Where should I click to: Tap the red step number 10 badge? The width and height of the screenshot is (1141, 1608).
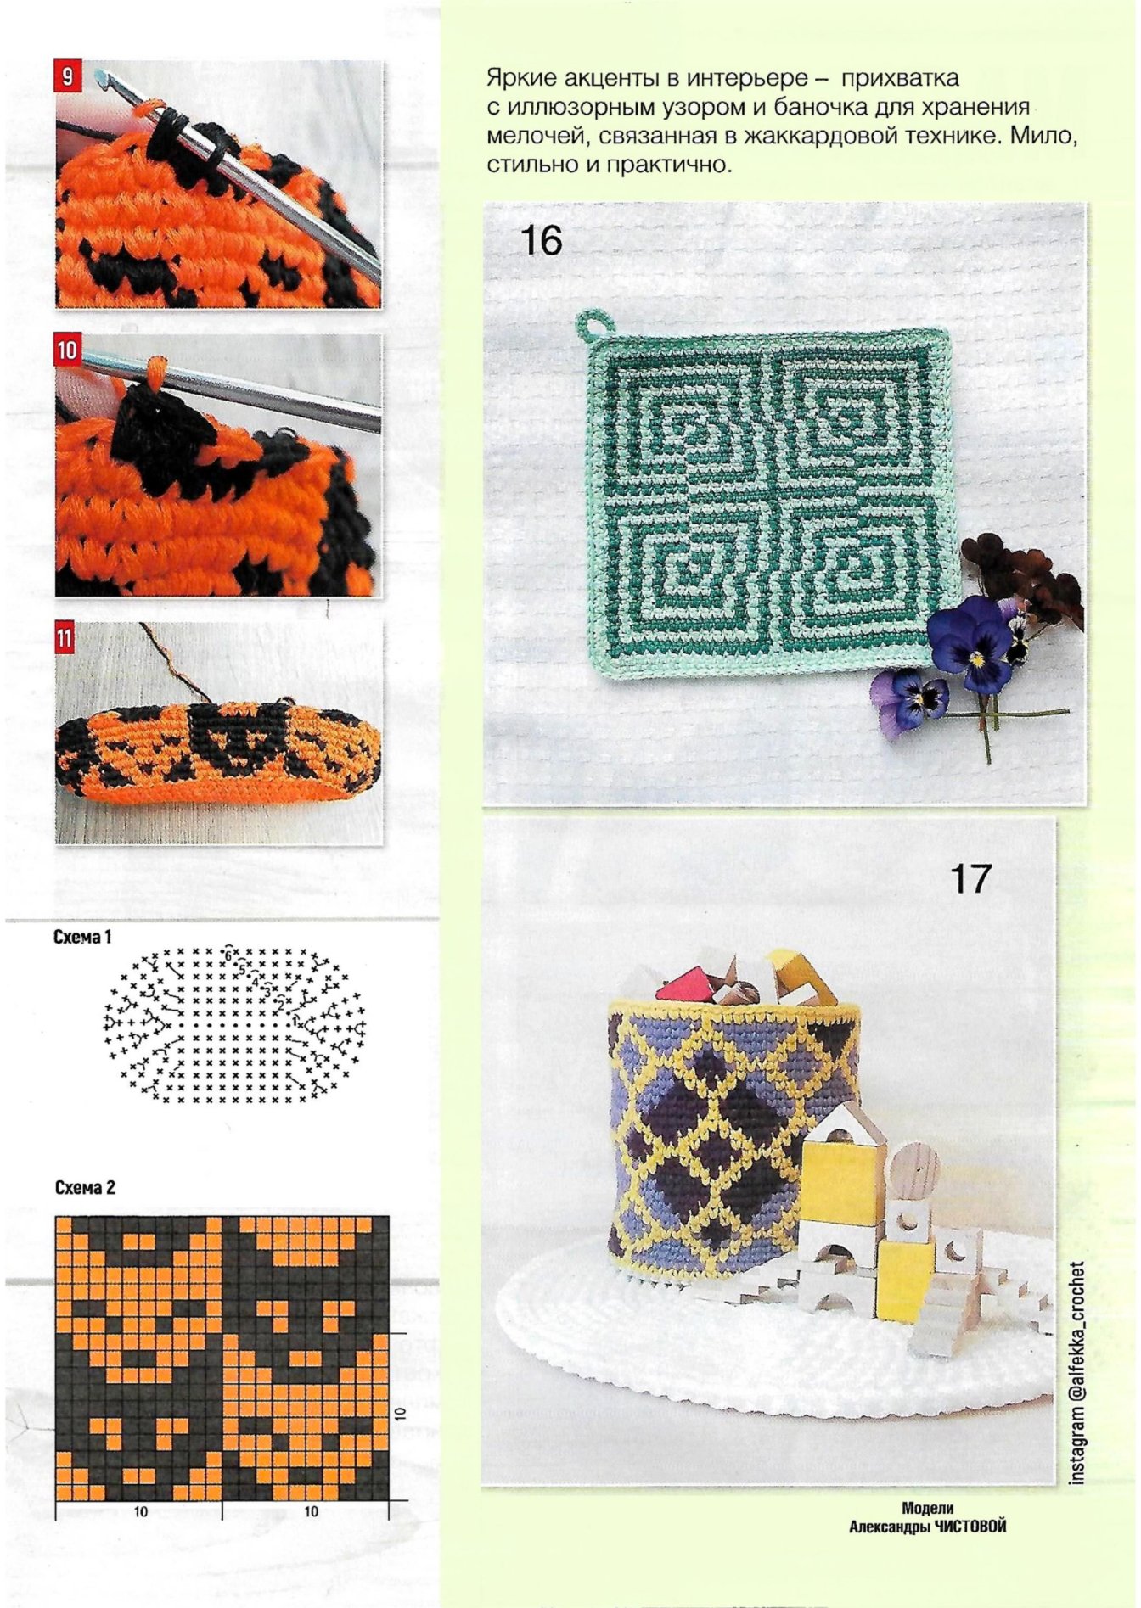[x=67, y=350]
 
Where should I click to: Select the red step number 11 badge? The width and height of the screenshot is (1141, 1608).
[x=65, y=637]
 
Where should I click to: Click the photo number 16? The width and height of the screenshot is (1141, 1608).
[x=541, y=240]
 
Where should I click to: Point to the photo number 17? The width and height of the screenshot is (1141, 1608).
[x=970, y=878]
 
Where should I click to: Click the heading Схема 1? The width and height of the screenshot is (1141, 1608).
[x=82, y=937]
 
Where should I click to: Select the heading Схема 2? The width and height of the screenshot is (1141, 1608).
[x=85, y=1187]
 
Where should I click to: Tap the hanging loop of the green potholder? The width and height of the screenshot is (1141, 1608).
[x=592, y=324]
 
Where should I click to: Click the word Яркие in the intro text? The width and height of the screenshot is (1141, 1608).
[x=516, y=79]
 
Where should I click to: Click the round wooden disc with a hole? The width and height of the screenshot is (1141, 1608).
[x=913, y=1168]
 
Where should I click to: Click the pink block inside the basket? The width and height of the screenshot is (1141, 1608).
[x=687, y=985]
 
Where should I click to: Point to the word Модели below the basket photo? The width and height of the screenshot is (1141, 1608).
[x=927, y=1508]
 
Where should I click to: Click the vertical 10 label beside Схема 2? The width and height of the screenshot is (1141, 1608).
[x=401, y=1413]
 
